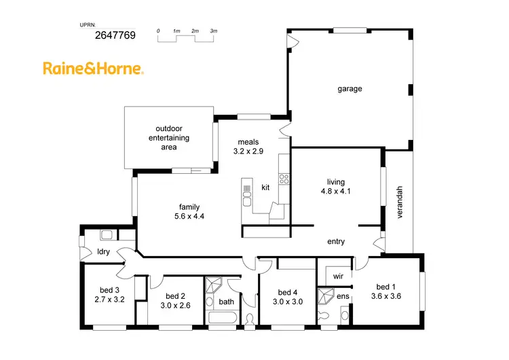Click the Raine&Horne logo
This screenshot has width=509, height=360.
pos(93,68)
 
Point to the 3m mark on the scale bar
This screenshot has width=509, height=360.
pos(213,31)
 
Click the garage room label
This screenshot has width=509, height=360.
pos(350,88)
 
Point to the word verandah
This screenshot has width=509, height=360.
pos(400,202)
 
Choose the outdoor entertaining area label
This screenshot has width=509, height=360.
pos(169,137)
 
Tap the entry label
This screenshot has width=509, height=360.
pos(336,241)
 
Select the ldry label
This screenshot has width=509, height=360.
pos(103,251)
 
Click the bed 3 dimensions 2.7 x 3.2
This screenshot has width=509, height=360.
pos(109,299)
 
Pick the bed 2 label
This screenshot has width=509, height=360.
pos(176,296)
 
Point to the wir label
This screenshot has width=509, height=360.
pos(337,276)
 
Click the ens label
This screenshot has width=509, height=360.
pos(342,297)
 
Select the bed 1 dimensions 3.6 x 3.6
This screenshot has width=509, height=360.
pos(386,295)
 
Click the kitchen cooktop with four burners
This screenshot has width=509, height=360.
pos(284,179)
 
